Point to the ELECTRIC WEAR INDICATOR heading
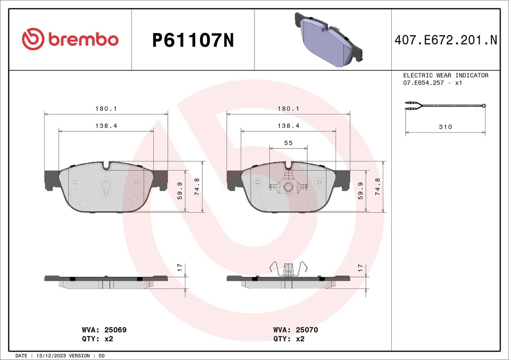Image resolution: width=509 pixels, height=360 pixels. click(445, 76)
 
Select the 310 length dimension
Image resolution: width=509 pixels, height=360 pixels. click(445, 127)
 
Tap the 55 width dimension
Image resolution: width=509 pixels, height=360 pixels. click(288, 143)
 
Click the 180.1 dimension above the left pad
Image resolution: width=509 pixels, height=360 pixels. click(106, 108)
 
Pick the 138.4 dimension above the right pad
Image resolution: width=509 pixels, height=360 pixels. click(288, 126)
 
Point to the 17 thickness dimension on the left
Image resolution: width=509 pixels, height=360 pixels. click(179, 268)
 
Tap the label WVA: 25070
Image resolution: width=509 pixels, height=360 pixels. click(296, 330)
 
